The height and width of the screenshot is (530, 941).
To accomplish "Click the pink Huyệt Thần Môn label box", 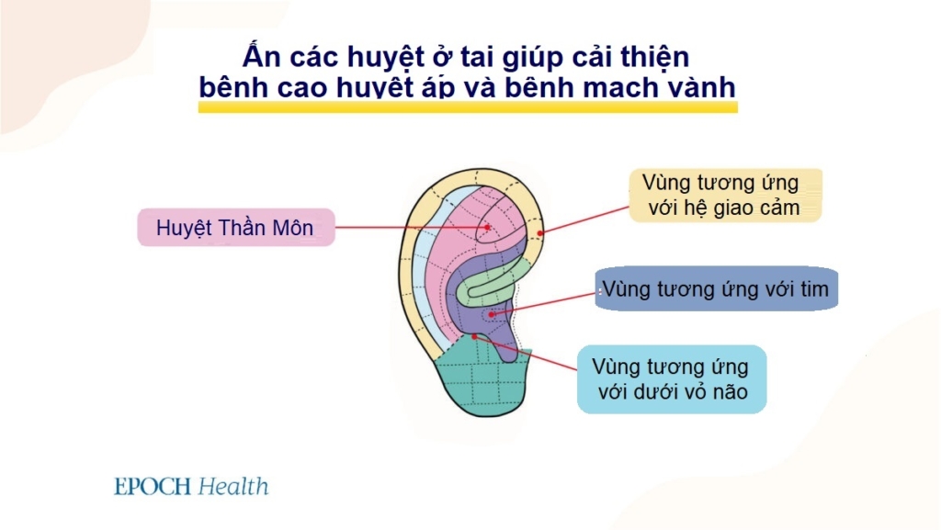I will (236, 228).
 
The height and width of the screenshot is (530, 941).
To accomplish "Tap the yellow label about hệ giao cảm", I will (724, 195).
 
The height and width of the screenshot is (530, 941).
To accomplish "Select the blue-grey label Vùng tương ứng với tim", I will (716, 290).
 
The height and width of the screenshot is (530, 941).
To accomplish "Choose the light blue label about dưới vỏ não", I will (671, 379).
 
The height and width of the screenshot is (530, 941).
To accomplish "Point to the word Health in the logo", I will (233, 486).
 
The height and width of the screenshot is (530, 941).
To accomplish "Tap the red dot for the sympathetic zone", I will (540, 232).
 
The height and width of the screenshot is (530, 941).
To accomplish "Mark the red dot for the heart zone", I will (493, 314).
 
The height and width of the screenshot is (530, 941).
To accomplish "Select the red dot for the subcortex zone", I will (474, 337).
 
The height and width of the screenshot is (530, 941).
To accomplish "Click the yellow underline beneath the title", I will (468, 107).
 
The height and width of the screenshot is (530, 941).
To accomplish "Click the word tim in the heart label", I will (812, 290).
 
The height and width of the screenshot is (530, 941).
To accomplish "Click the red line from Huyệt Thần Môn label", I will (414, 228).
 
